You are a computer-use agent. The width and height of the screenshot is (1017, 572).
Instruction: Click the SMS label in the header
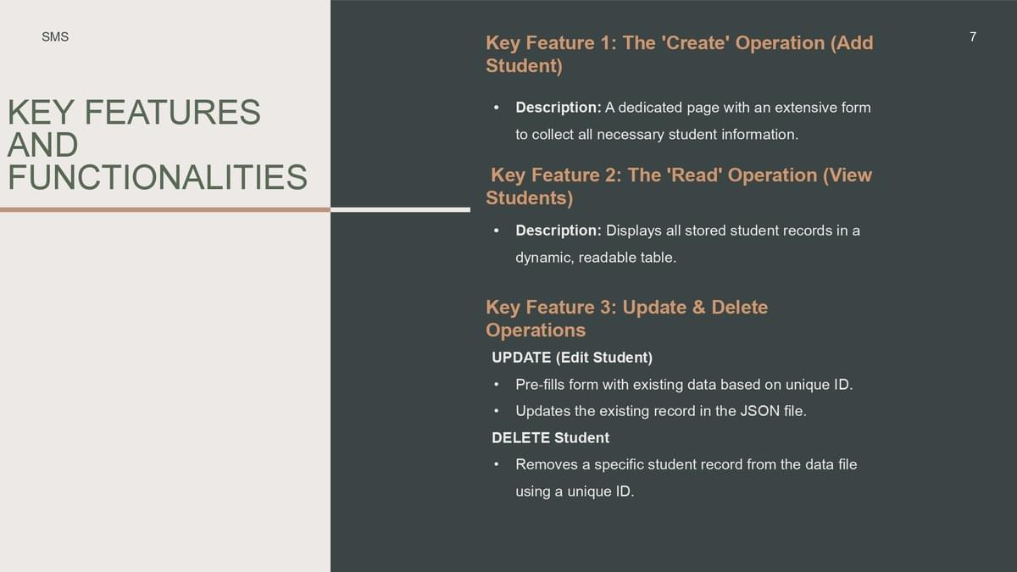click(55, 36)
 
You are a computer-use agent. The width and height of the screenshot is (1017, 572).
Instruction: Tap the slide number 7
click(973, 36)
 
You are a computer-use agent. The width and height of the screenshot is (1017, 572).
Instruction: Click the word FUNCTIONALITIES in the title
click(158, 177)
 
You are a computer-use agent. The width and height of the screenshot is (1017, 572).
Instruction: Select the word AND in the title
click(42, 145)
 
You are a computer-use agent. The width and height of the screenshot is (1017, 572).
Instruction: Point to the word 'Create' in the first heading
click(696, 43)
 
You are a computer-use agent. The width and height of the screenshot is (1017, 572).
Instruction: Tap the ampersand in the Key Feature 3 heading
click(698, 308)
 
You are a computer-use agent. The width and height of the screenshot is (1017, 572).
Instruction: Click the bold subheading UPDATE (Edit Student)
click(572, 358)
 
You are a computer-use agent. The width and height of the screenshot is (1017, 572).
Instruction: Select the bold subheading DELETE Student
click(550, 437)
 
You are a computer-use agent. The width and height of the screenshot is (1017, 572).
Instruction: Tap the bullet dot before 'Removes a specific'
click(497, 464)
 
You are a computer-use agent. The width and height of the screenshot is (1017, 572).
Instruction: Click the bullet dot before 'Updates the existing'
click(497, 411)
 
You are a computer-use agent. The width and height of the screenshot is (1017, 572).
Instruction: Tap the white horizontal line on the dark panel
click(400, 210)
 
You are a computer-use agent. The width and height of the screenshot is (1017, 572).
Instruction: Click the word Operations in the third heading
click(536, 330)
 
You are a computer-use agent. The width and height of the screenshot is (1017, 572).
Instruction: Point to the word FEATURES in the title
click(173, 112)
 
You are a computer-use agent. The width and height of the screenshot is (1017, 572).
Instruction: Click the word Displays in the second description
click(634, 230)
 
